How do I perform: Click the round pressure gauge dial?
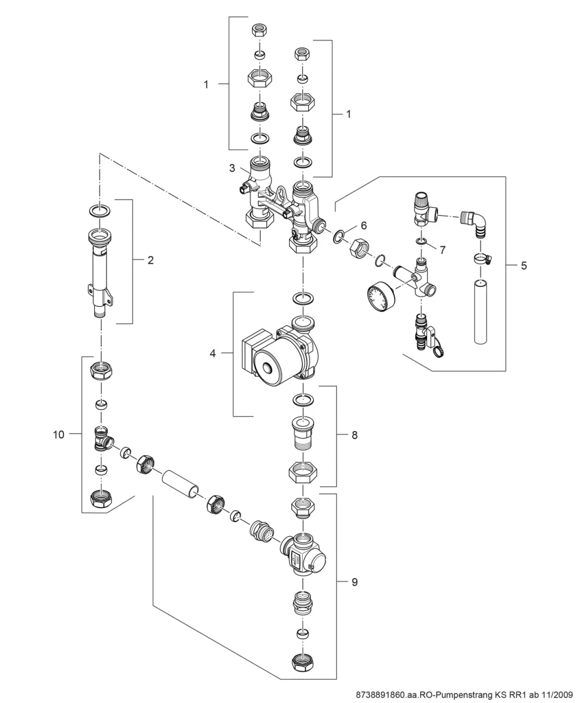380,295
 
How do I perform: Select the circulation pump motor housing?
280,354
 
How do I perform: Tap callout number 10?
58,435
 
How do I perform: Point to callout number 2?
150,260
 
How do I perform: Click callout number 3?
232,168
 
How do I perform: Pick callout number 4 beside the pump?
213,354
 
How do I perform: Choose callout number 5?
524,266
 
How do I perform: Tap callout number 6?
364,226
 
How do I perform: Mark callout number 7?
442,250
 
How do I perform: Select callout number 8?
354,435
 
